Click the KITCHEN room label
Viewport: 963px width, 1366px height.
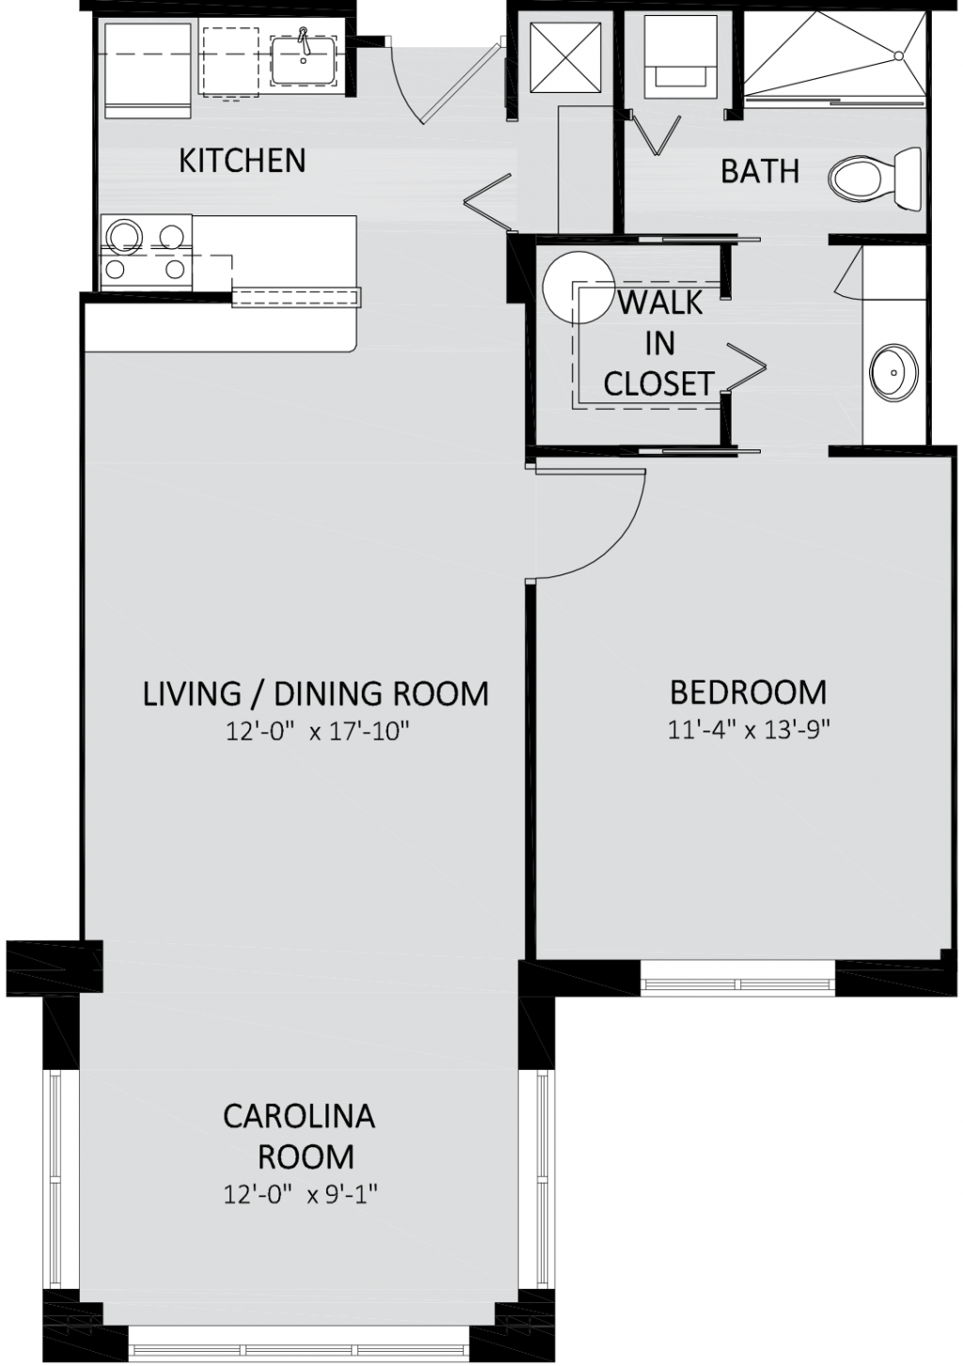[242, 161]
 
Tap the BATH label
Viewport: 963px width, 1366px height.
[760, 171]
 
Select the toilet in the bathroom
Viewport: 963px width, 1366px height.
[876, 179]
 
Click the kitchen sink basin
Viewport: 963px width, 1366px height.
[303, 61]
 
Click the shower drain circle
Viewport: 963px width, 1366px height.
[898, 56]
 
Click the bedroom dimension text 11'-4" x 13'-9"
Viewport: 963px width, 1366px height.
[750, 730]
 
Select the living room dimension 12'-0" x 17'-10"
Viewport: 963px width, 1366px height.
[317, 732]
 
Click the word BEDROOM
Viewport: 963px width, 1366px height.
[749, 692]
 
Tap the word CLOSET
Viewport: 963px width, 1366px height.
[658, 384]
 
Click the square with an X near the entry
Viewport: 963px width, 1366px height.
[565, 58]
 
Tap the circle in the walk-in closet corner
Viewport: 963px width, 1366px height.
[578, 288]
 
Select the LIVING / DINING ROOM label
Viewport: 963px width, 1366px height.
[315, 694]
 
